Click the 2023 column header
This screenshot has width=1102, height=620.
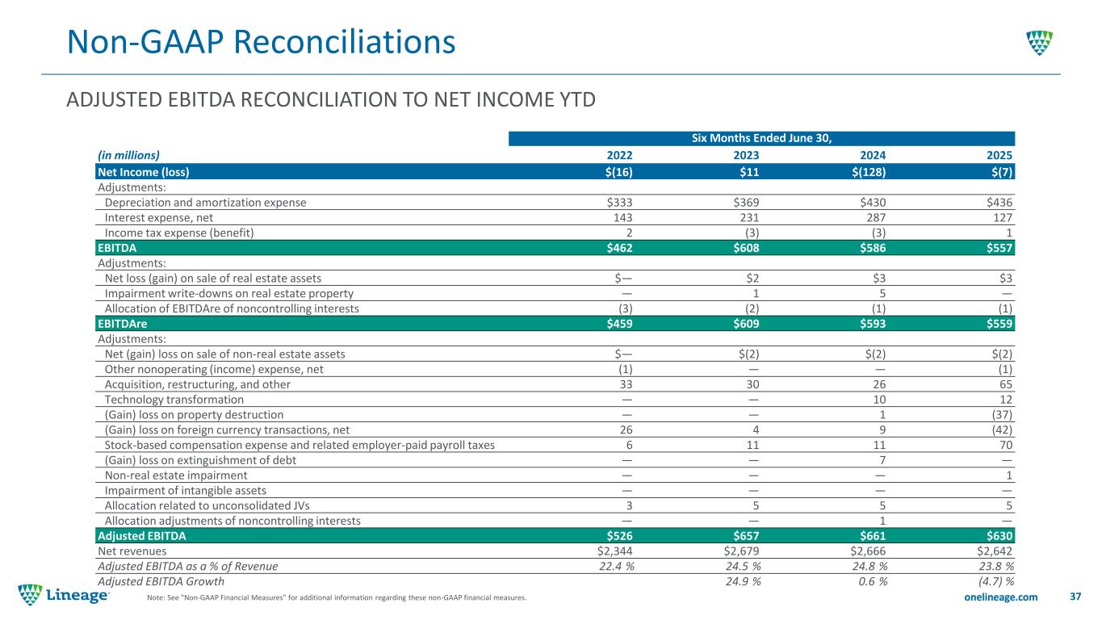pyautogui.click(x=744, y=155)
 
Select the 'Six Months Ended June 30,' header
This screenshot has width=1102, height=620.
pyautogui.click(x=761, y=139)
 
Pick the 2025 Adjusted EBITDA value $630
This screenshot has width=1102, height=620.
pyautogui.click(x=997, y=536)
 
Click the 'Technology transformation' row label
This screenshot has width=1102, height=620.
pyautogui.click(x=174, y=400)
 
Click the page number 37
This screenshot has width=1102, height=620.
pyautogui.click(x=1075, y=597)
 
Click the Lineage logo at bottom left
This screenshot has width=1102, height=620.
pyautogui.click(x=65, y=595)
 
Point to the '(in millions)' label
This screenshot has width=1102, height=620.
pyautogui.click(x=128, y=155)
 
